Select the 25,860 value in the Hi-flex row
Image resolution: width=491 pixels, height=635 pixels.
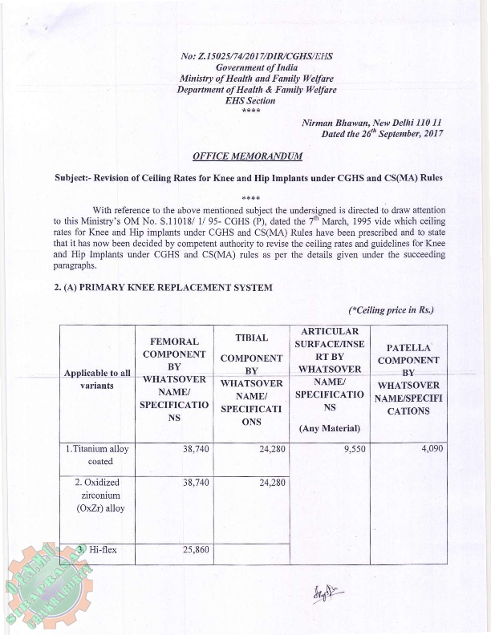(196, 551)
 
